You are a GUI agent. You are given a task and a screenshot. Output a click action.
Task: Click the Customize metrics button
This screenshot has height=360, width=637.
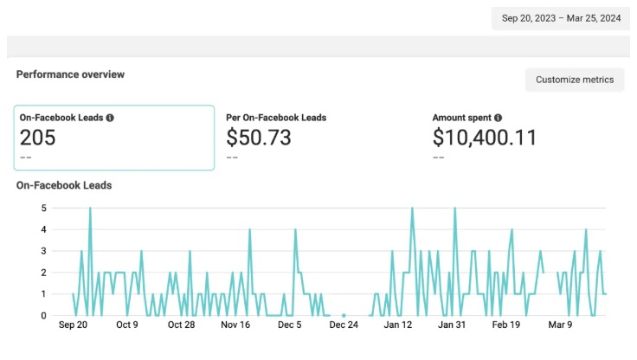click(575, 80)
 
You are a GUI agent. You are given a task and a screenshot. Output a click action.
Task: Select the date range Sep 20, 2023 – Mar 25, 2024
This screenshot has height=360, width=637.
click(561, 18)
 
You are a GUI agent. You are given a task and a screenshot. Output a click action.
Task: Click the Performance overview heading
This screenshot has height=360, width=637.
click(70, 74)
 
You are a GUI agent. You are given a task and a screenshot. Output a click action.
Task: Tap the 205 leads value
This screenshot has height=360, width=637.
click(37, 138)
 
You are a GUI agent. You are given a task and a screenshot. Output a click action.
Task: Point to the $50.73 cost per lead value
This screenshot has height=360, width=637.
click(259, 138)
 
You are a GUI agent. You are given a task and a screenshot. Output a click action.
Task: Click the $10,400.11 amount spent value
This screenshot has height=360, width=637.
click(485, 138)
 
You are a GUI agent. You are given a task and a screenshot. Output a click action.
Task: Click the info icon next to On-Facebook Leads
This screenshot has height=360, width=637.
click(110, 118)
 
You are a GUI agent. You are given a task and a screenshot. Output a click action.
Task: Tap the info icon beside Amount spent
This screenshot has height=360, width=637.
click(498, 118)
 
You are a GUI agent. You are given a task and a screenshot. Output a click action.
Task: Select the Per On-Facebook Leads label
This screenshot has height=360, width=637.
click(276, 118)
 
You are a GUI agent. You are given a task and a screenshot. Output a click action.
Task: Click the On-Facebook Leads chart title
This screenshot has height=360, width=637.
click(64, 185)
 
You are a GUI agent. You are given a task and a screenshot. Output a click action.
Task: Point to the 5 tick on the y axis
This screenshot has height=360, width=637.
click(44, 208)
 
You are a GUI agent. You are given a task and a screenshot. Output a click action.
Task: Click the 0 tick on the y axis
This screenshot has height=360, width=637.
click(44, 316)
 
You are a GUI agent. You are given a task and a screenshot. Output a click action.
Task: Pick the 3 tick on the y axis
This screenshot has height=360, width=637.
click(44, 251)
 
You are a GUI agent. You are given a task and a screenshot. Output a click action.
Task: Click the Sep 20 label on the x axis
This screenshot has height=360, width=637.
click(73, 325)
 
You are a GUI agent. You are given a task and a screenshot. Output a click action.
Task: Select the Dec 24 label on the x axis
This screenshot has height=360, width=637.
click(344, 325)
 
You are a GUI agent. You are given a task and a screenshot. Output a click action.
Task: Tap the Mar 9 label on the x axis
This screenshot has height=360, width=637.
click(560, 325)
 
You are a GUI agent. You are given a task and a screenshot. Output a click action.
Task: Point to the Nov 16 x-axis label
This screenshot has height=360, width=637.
click(235, 325)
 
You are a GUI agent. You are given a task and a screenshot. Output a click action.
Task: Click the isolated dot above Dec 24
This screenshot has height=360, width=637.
click(344, 315)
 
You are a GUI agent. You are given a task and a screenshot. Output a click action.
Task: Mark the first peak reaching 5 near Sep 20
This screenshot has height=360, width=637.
click(90, 208)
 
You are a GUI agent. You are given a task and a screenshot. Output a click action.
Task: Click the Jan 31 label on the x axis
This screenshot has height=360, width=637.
click(452, 325)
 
